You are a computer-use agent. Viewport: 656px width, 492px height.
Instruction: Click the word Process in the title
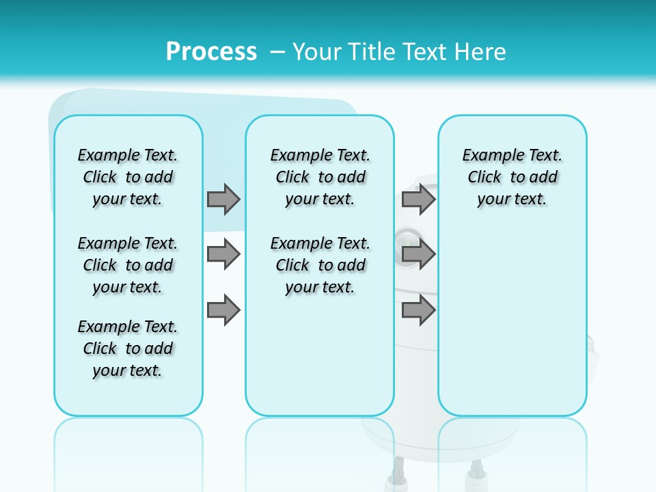(x=211, y=51)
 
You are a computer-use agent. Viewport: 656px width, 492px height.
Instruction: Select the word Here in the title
(x=481, y=51)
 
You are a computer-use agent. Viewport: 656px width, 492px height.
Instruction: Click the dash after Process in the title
(x=277, y=52)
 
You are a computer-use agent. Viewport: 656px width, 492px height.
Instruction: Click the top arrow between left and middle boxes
(x=223, y=199)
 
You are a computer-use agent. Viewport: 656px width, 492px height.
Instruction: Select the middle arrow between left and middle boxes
(x=223, y=254)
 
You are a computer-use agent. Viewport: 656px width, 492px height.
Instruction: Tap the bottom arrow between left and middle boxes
(x=223, y=310)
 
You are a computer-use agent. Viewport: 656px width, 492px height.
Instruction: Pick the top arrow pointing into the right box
(x=418, y=199)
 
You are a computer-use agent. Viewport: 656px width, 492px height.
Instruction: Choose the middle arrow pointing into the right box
(x=418, y=254)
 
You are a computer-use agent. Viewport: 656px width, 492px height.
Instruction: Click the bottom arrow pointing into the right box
(x=418, y=310)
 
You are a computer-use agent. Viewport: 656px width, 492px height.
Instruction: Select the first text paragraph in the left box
(x=128, y=177)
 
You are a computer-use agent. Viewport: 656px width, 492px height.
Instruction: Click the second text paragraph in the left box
(x=128, y=265)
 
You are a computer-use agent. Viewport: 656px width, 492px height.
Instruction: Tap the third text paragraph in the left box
(x=128, y=348)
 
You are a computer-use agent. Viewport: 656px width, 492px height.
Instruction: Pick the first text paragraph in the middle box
(x=320, y=177)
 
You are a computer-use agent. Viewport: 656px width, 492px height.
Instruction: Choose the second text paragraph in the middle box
(x=320, y=265)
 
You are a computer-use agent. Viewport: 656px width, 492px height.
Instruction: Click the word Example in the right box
(x=486, y=155)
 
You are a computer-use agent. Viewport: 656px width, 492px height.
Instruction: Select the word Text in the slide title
(x=420, y=51)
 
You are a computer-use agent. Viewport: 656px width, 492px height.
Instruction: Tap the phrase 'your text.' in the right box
(x=512, y=199)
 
